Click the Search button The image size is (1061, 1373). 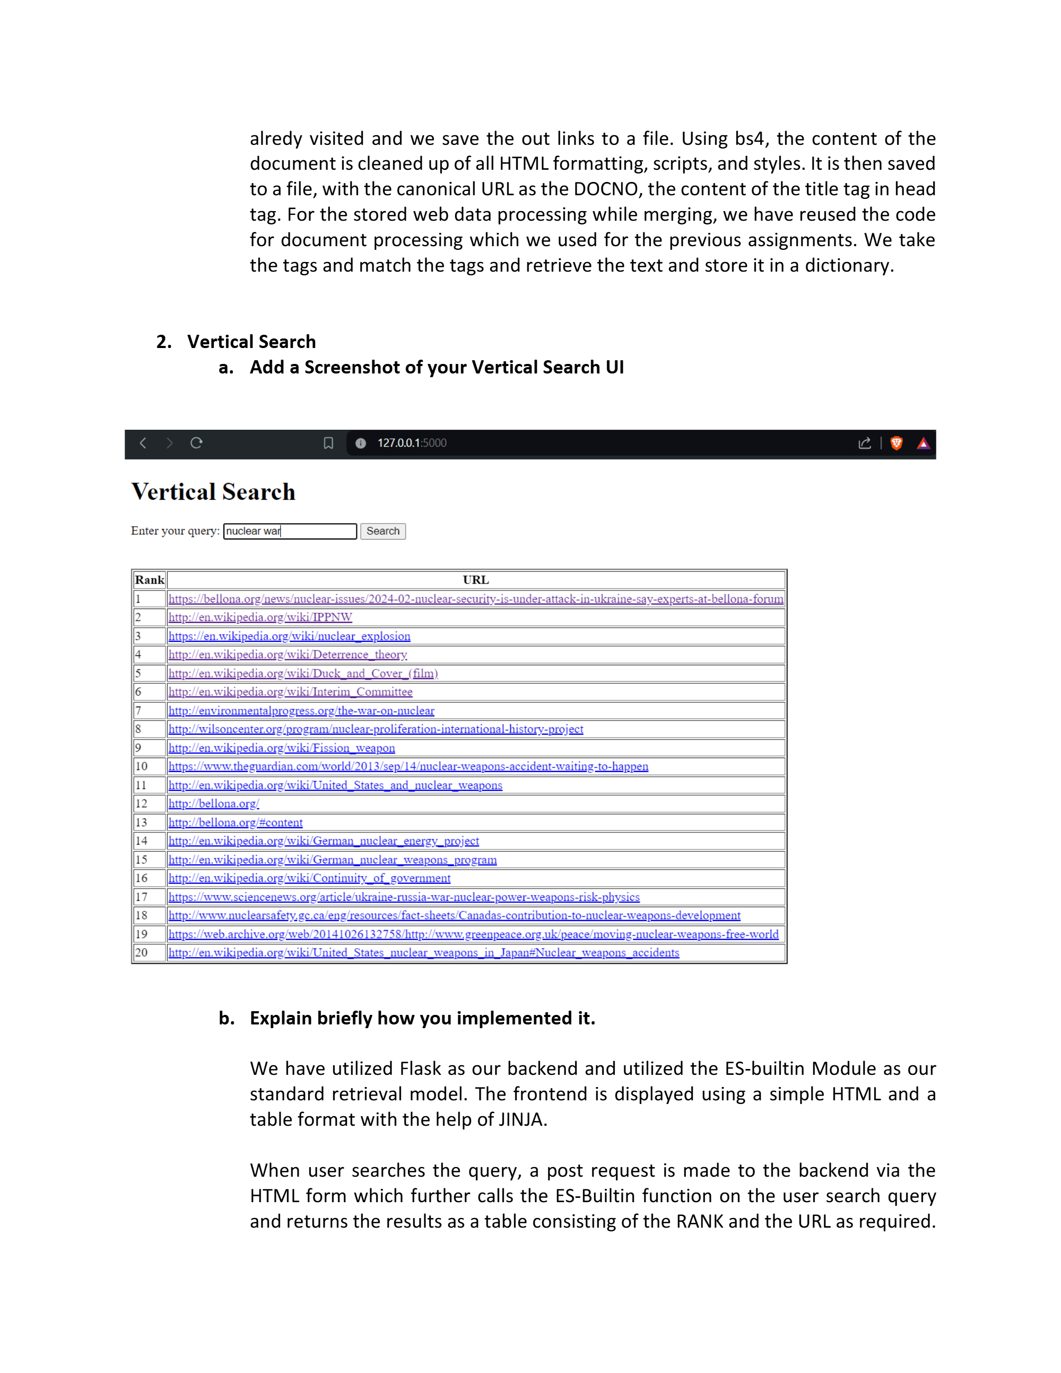383,531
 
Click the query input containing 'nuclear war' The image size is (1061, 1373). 290,531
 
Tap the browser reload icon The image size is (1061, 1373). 196,443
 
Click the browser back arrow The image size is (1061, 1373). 143,443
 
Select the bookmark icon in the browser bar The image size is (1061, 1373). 328,443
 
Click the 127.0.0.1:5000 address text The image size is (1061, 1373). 412,443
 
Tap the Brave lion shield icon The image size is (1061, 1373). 897,443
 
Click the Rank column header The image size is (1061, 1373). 149,580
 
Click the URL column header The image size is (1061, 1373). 475,580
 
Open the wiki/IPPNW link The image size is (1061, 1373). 260,618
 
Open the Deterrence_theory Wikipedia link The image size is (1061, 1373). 287,655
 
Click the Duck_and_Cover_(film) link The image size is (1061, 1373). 303,673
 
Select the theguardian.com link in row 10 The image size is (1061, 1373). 408,766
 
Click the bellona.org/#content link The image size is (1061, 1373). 235,822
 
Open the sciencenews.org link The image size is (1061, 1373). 404,897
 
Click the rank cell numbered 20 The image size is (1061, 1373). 142,952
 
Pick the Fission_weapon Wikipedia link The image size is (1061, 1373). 282,748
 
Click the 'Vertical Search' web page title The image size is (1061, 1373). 213,492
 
